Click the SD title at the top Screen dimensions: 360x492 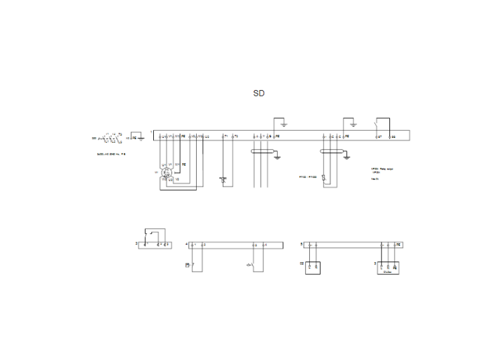(259, 93)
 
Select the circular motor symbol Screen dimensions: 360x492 (167, 172)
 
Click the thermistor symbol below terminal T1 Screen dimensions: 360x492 (224, 180)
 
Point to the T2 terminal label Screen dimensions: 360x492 (236, 135)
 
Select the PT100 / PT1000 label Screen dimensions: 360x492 (309, 176)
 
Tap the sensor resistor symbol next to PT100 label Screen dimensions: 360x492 (323, 177)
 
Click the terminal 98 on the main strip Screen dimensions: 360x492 (394, 136)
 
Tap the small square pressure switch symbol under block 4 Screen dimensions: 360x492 (186, 264)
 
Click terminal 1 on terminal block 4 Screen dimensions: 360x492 (194, 244)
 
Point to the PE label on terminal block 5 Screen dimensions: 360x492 (399, 244)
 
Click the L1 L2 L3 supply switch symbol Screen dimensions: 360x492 (109, 138)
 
